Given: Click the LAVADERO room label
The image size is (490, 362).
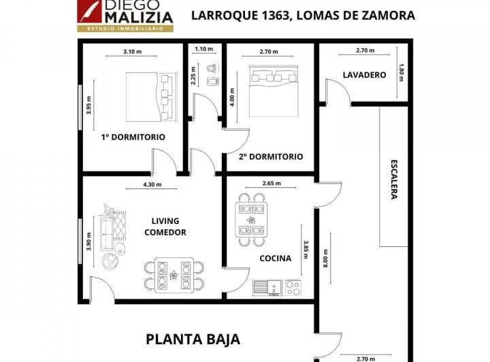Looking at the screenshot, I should (360, 75).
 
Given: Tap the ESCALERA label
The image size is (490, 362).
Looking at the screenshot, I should (394, 180).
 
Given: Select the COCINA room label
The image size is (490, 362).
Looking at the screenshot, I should (276, 258).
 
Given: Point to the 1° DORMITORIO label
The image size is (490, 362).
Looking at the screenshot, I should (133, 137).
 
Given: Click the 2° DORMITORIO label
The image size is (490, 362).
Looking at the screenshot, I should (271, 156).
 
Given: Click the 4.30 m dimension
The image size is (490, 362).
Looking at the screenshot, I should (153, 184).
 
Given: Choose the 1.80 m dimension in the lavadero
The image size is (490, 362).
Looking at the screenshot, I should (402, 70).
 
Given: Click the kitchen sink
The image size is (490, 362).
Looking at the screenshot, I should (267, 287).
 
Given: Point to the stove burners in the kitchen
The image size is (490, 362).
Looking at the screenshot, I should (293, 287).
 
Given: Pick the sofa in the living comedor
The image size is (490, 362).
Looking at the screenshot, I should (106, 229).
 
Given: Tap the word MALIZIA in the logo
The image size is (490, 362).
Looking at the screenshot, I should (139, 17).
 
